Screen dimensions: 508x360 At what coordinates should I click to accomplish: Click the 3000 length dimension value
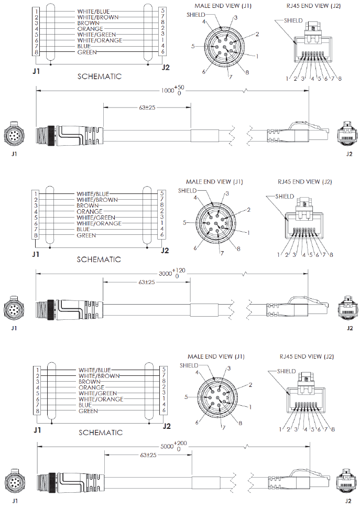[164, 273]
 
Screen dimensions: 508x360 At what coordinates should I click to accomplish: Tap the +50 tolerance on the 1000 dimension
[181, 87]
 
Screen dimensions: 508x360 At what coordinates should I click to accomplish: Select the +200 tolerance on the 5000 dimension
[180, 443]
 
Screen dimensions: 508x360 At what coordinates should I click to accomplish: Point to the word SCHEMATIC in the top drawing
[99, 77]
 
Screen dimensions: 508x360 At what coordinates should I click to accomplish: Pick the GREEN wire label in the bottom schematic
[89, 411]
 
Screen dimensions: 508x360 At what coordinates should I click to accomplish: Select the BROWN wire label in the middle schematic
[88, 206]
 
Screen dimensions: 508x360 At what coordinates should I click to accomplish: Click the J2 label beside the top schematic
[166, 67]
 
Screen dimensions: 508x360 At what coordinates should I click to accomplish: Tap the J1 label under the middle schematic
[36, 254]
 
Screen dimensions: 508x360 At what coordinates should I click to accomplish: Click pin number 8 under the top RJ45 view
[340, 79]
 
